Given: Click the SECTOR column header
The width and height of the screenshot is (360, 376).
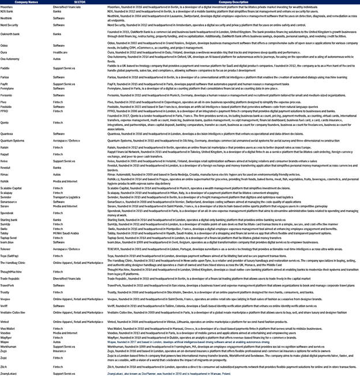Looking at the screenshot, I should (64, 2).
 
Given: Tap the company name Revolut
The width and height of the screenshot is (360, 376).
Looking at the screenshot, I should (7, 167).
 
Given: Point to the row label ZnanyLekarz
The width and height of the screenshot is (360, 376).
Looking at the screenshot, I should (11, 373).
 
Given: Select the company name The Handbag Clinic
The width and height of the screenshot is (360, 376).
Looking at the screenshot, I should (13, 262).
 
